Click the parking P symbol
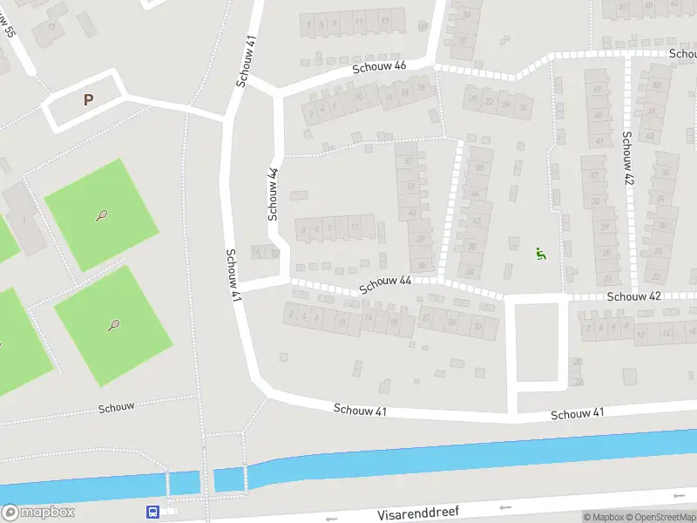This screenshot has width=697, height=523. click(x=88, y=100)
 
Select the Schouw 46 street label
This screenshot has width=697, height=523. click(x=379, y=67)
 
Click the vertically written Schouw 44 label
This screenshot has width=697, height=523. click(x=273, y=194)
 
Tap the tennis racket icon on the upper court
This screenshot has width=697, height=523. click(x=102, y=214)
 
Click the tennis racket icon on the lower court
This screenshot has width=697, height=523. click(x=113, y=325)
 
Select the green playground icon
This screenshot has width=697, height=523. click(x=540, y=254)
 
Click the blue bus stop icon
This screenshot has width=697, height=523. click(x=152, y=513)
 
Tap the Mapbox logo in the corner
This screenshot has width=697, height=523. click(x=38, y=513)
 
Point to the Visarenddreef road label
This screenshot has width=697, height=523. click(x=418, y=513)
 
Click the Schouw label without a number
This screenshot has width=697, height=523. click(x=116, y=407)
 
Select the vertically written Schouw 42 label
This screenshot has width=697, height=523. click(x=626, y=157)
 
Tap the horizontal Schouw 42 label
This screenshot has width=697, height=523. click(x=634, y=296)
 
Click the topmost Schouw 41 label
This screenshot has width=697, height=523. click(x=247, y=61)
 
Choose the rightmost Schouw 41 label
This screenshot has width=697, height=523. click(x=577, y=413)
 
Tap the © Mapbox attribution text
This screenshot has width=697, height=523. click(x=604, y=517)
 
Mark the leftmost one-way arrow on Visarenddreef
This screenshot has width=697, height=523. click(x=331, y=519)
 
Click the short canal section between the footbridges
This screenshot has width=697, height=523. click(x=184, y=482)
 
